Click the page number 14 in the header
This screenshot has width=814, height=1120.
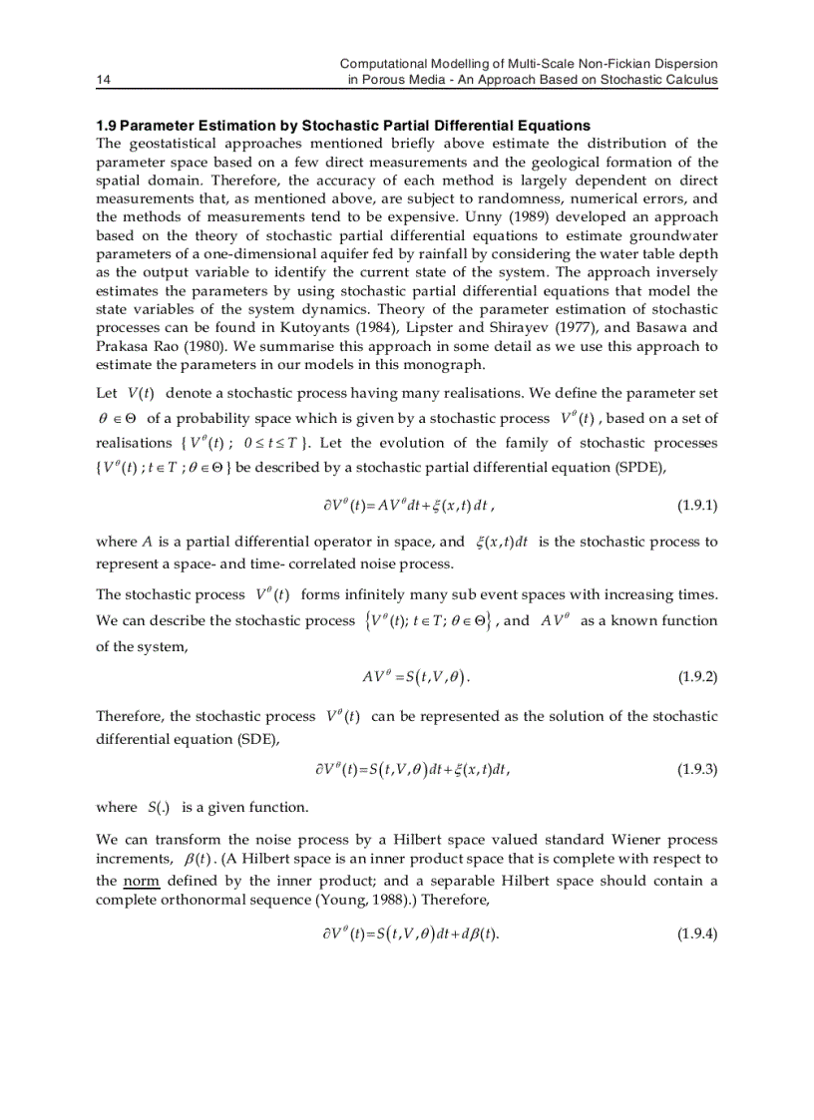102,80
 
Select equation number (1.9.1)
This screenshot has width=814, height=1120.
697,506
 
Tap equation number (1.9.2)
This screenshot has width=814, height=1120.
697,677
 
